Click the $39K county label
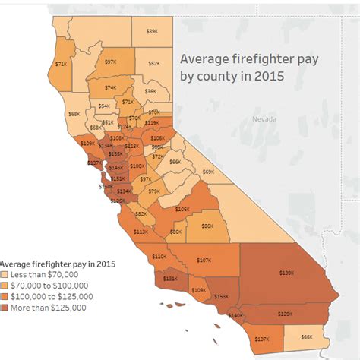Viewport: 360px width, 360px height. point(152,31)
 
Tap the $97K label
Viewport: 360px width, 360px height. point(111,62)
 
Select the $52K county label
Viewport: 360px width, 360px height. point(153,64)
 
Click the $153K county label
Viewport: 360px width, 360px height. point(222,297)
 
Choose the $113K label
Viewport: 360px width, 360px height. point(141,231)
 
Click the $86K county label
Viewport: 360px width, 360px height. point(207,225)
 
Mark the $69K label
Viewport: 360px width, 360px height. point(208,172)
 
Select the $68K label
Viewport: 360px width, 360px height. point(74,113)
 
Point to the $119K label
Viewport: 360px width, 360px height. point(151,122)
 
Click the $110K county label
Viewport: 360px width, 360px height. point(159,257)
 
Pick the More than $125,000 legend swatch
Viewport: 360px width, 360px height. point(7,308)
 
